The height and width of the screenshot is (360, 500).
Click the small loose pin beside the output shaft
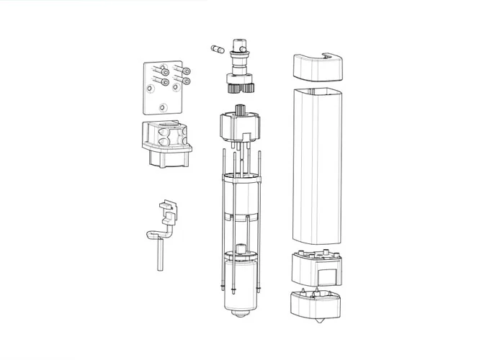215,49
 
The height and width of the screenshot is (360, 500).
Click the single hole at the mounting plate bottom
163,107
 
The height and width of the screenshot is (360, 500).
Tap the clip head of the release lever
168,211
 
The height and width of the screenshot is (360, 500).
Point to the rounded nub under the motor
238,316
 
